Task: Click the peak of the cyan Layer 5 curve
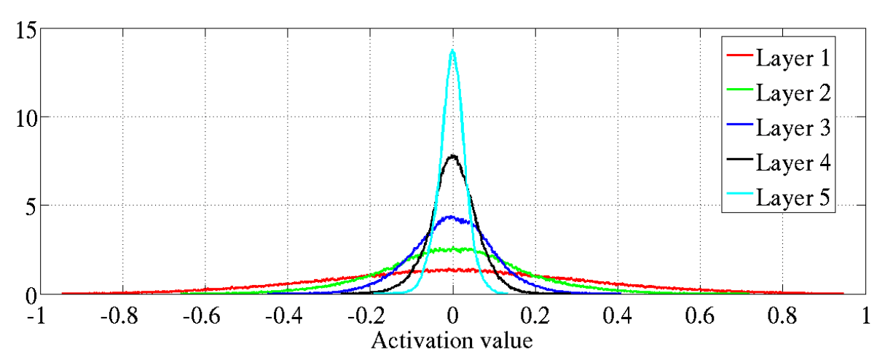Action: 452,50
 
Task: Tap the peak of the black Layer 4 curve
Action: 452,155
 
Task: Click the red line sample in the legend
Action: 739,57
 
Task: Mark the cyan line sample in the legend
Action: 739,197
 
